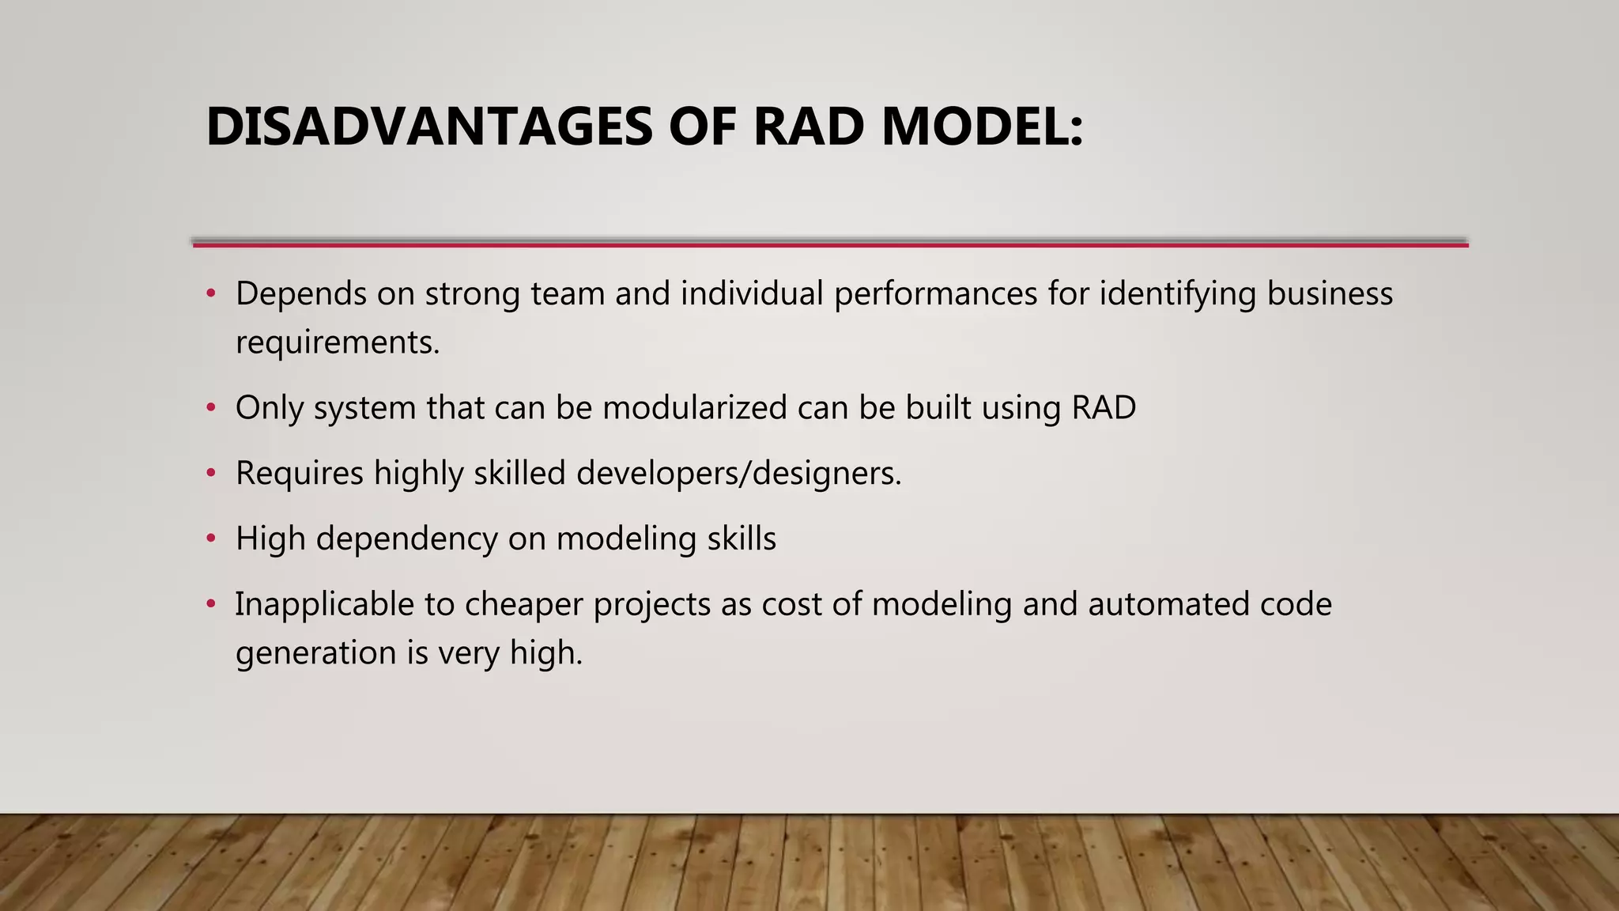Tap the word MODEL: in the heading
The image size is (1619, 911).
click(x=982, y=127)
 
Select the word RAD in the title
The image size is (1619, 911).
click(x=808, y=127)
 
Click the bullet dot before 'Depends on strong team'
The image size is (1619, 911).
click(x=210, y=294)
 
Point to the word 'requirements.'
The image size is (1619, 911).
click(x=338, y=343)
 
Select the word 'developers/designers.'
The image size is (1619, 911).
click(x=738, y=474)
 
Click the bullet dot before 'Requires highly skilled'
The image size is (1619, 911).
click(x=210, y=474)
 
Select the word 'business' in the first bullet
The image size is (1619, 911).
click(x=1330, y=294)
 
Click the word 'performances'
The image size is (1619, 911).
click(x=935, y=294)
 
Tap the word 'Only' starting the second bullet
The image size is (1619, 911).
click(x=269, y=408)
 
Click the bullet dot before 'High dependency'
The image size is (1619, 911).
click(x=210, y=539)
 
